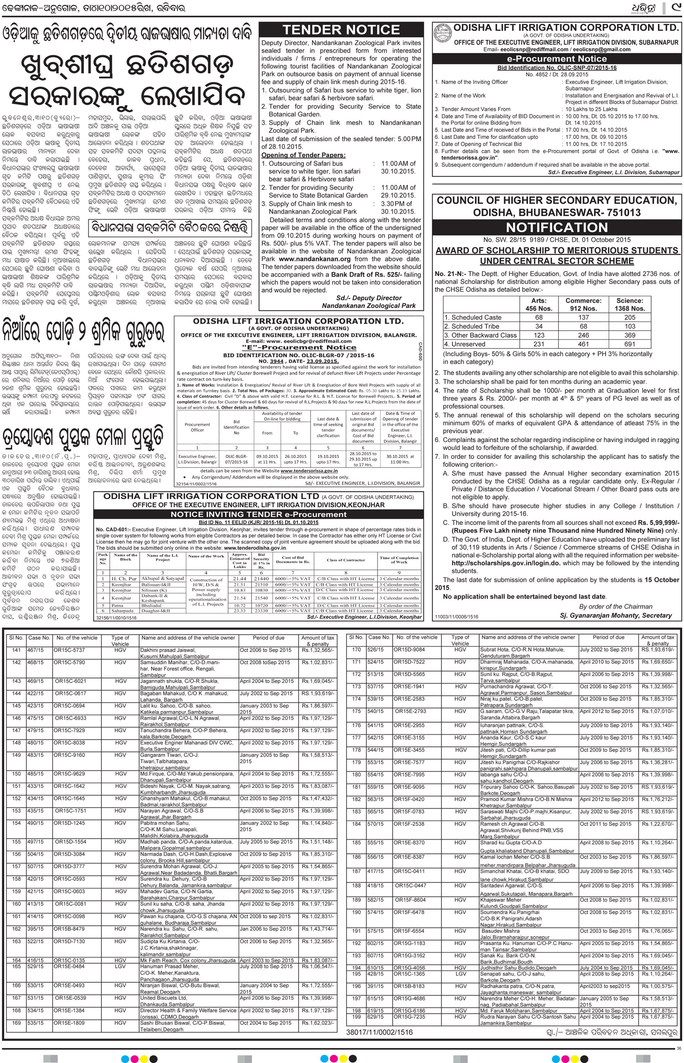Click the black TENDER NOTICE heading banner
341,31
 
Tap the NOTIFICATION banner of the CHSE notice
556,227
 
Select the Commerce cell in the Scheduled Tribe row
583,326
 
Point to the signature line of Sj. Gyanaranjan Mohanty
616,616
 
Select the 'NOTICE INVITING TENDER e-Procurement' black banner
259,514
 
